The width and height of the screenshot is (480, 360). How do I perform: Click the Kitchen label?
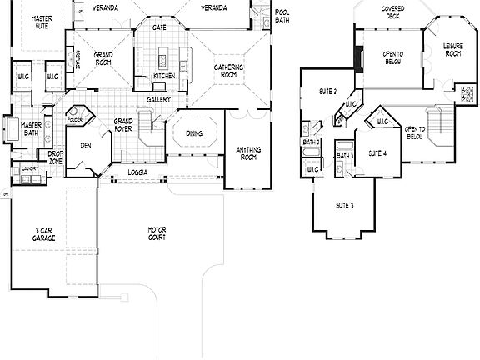pos(163,76)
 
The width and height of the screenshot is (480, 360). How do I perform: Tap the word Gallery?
pos(159,99)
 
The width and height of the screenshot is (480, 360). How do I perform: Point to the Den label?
pos(85,145)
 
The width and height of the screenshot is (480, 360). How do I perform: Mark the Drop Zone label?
pos(55,156)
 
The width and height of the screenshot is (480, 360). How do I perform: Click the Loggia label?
pos(138,172)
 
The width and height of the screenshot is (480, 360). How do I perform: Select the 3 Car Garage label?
pos(44,234)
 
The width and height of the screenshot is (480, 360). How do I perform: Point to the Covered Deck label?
pos(393,12)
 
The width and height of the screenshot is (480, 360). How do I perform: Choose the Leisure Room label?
pos(453,50)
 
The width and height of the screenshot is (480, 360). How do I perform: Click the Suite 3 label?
pos(344,205)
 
